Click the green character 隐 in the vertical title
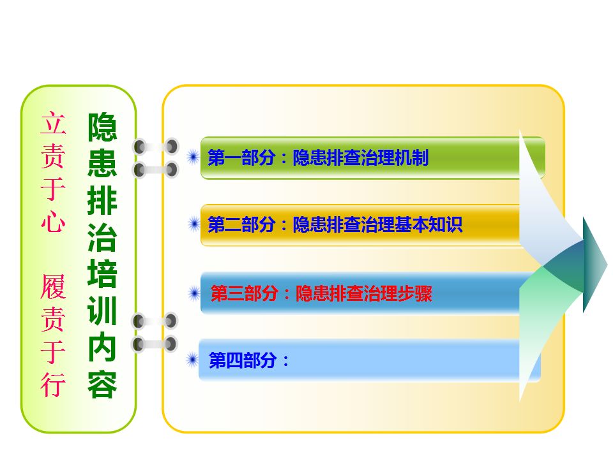click(102, 127)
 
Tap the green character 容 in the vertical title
click(102, 384)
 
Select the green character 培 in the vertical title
click(102, 274)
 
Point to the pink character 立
click(53, 122)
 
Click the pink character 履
click(53, 286)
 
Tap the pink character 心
click(53, 221)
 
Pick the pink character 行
click(53, 384)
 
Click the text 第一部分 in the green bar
click(241, 157)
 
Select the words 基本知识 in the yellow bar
click(429, 224)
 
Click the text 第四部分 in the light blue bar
click(243, 360)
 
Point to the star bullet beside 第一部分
click(193, 157)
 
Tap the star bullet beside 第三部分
click(194, 293)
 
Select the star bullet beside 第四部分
click(192, 360)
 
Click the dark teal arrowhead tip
click(607, 265)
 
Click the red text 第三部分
click(245, 293)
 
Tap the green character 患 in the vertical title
click(102, 164)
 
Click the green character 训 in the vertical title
click(102, 310)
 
